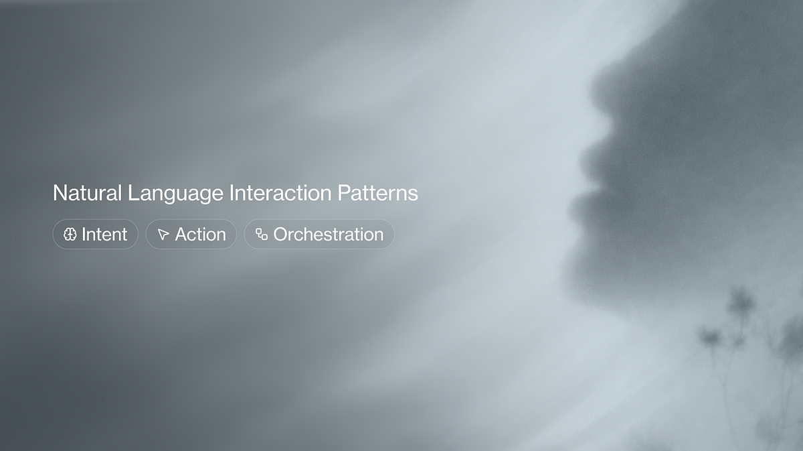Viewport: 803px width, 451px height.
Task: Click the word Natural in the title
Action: coord(87,193)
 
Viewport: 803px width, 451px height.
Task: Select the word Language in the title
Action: coord(175,194)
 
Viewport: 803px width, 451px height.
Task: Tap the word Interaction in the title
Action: coord(280,193)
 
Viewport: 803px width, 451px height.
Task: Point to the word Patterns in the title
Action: coord(377,193)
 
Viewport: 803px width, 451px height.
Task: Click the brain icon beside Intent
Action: coord(70,234)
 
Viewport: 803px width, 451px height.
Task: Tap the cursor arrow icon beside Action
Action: coord(163,234)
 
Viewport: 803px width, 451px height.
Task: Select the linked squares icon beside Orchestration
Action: coord(262,234)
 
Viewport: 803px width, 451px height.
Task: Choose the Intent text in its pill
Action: coord(104,235)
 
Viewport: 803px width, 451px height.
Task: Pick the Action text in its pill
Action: coord(200,235)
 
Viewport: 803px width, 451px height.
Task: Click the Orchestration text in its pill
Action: coord(329,235)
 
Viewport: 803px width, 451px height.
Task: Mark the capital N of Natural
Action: coord(60,193)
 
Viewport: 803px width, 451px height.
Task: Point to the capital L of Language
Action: coord(134,193)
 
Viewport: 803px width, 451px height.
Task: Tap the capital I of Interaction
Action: coord(232,193)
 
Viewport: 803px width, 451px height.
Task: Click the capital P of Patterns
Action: coord(344,193)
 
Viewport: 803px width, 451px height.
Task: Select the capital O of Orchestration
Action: coord(282,235)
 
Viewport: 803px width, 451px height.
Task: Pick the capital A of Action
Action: coord(182,235)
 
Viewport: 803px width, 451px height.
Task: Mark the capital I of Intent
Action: coord(84,235)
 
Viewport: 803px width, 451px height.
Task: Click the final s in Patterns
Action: coord(414,195)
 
